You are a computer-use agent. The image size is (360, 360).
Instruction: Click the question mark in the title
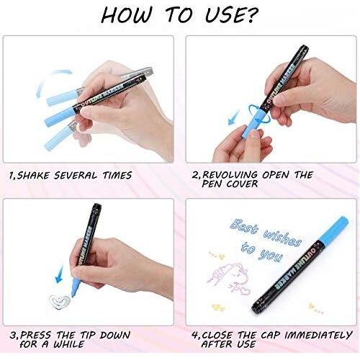click(251, 15)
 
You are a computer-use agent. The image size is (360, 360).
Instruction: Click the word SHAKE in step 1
click(33, 175)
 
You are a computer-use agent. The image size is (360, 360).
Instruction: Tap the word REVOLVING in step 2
click(230, 175)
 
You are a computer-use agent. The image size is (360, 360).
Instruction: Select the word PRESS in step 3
click(35, 335)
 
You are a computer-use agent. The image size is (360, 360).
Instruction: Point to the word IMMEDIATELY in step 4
click(318, 335)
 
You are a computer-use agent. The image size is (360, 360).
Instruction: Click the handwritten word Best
click(244, 227)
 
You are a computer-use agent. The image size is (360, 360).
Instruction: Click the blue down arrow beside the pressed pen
click(59, 274)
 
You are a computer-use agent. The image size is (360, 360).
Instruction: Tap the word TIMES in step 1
click(117, 175)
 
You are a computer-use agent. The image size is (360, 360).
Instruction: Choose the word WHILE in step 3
click(69, 344)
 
